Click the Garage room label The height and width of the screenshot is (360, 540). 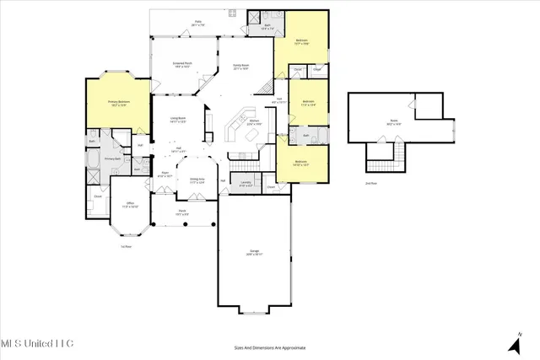tap(254, 251)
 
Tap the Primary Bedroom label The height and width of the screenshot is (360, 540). tap(117, 104)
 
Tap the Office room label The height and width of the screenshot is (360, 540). tap(131, 204)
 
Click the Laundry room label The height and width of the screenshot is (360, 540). tap(246, 183)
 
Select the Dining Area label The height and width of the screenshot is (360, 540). tap(197, 180)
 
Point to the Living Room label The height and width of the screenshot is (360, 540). tap(178, 119)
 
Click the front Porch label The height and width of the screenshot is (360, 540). tap(181, 212)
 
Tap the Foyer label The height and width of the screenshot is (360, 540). tap(165, 175)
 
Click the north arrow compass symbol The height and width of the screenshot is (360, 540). tap(514, 343)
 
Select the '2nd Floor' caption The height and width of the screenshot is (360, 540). tap(370, 182)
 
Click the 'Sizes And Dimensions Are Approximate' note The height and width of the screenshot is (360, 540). tap(269, 347)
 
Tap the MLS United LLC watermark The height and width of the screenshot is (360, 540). tap(37, 343)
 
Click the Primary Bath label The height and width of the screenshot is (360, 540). tap(113, 159)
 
